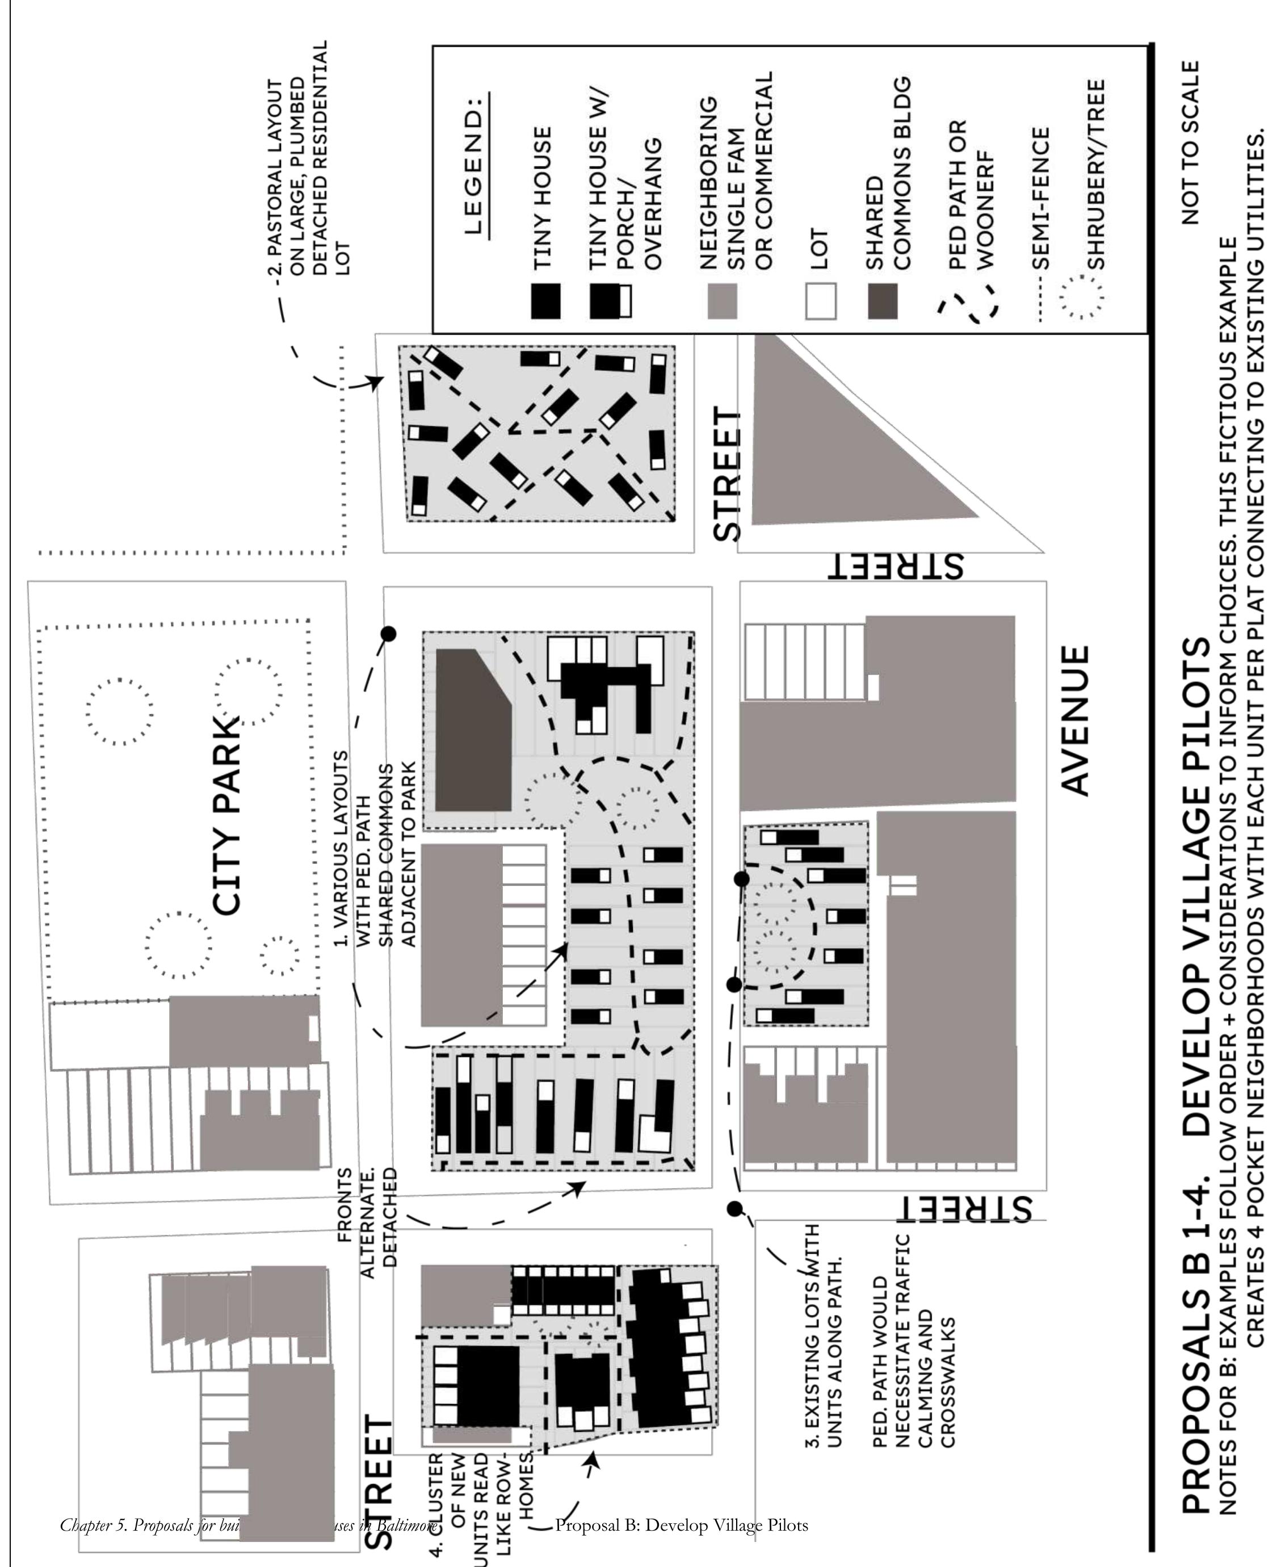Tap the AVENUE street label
1074,720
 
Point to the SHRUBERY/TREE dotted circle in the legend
1082,298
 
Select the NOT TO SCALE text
1190,143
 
